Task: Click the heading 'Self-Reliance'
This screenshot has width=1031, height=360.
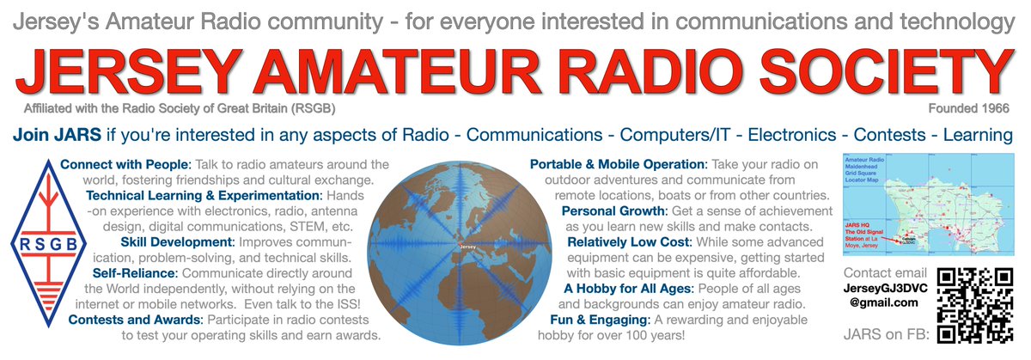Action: [135, 273]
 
